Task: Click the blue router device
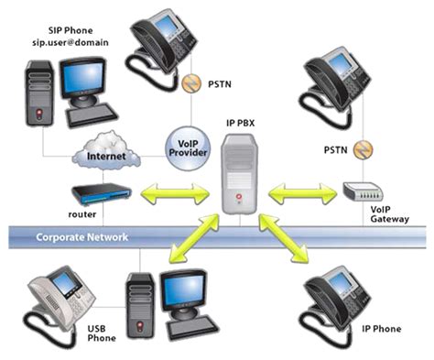pyautogui.click(x=101, y=194)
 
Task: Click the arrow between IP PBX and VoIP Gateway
pyautogui.click(x=301, y=194)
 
